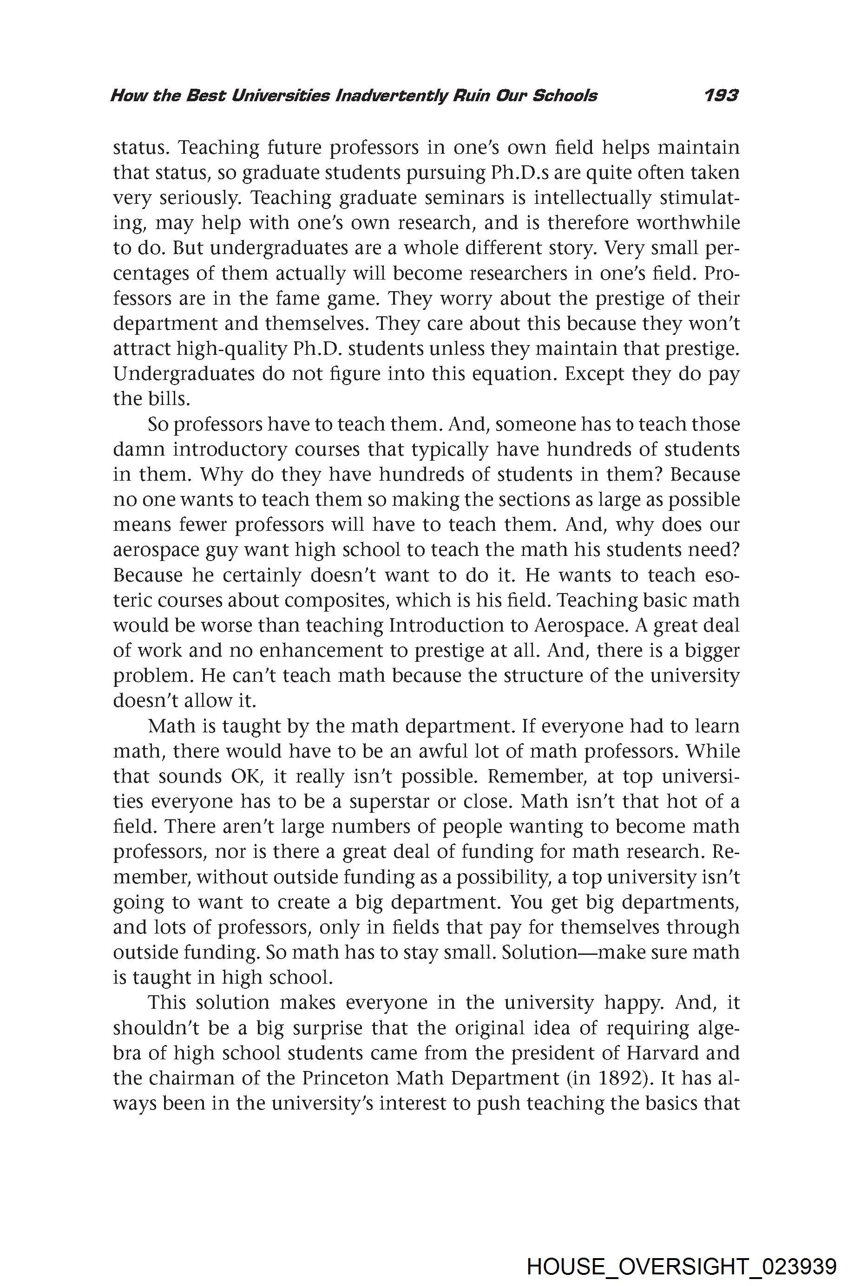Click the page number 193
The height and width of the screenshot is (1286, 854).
(x=720, y=96)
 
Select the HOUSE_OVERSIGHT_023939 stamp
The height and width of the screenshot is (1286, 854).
(x=681, y=1252)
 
